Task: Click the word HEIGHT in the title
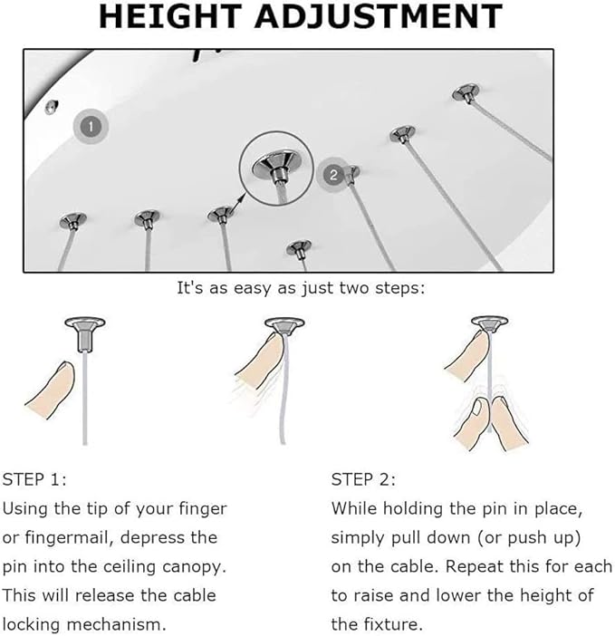170,16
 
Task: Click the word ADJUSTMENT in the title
379,16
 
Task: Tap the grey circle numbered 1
91,126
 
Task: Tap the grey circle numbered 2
333,175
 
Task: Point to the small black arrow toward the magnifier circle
239,201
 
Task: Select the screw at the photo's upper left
51,106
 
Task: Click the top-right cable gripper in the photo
466,93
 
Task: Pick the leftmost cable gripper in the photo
73,221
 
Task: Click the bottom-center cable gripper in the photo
299,248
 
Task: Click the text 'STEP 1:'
34,479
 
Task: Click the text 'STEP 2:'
363,479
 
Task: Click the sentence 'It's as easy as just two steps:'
301,288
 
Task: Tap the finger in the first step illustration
51,390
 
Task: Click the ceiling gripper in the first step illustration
85,333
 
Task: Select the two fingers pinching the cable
491,423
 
